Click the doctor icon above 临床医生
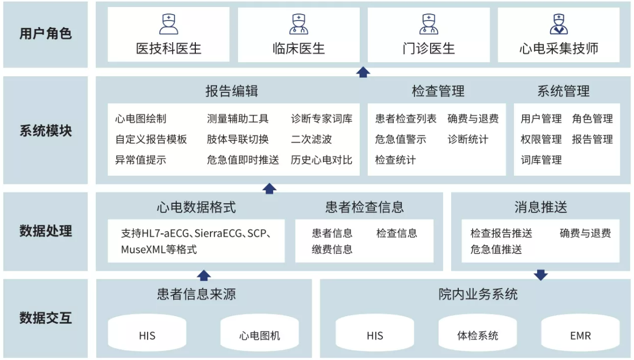[299, 24]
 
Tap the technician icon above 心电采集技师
[559, 24]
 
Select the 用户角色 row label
[45, 34]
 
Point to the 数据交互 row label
[45, 317]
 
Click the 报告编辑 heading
[232, 91]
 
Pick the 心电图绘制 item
[141, 119]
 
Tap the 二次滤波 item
[311, 139]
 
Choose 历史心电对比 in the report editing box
[321, 160]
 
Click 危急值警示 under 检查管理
[400, 139]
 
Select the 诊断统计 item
[468, 139]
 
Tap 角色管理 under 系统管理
[592, 119]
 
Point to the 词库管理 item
[541, 160]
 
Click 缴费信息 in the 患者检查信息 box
[332, 249]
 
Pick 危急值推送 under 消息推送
[496, 249]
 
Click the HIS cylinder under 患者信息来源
[147, 335]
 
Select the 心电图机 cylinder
[260, 335]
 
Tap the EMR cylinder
[580, 335]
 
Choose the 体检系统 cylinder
[478, 335]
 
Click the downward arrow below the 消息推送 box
[541, 275]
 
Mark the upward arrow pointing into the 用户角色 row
[364, 72]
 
